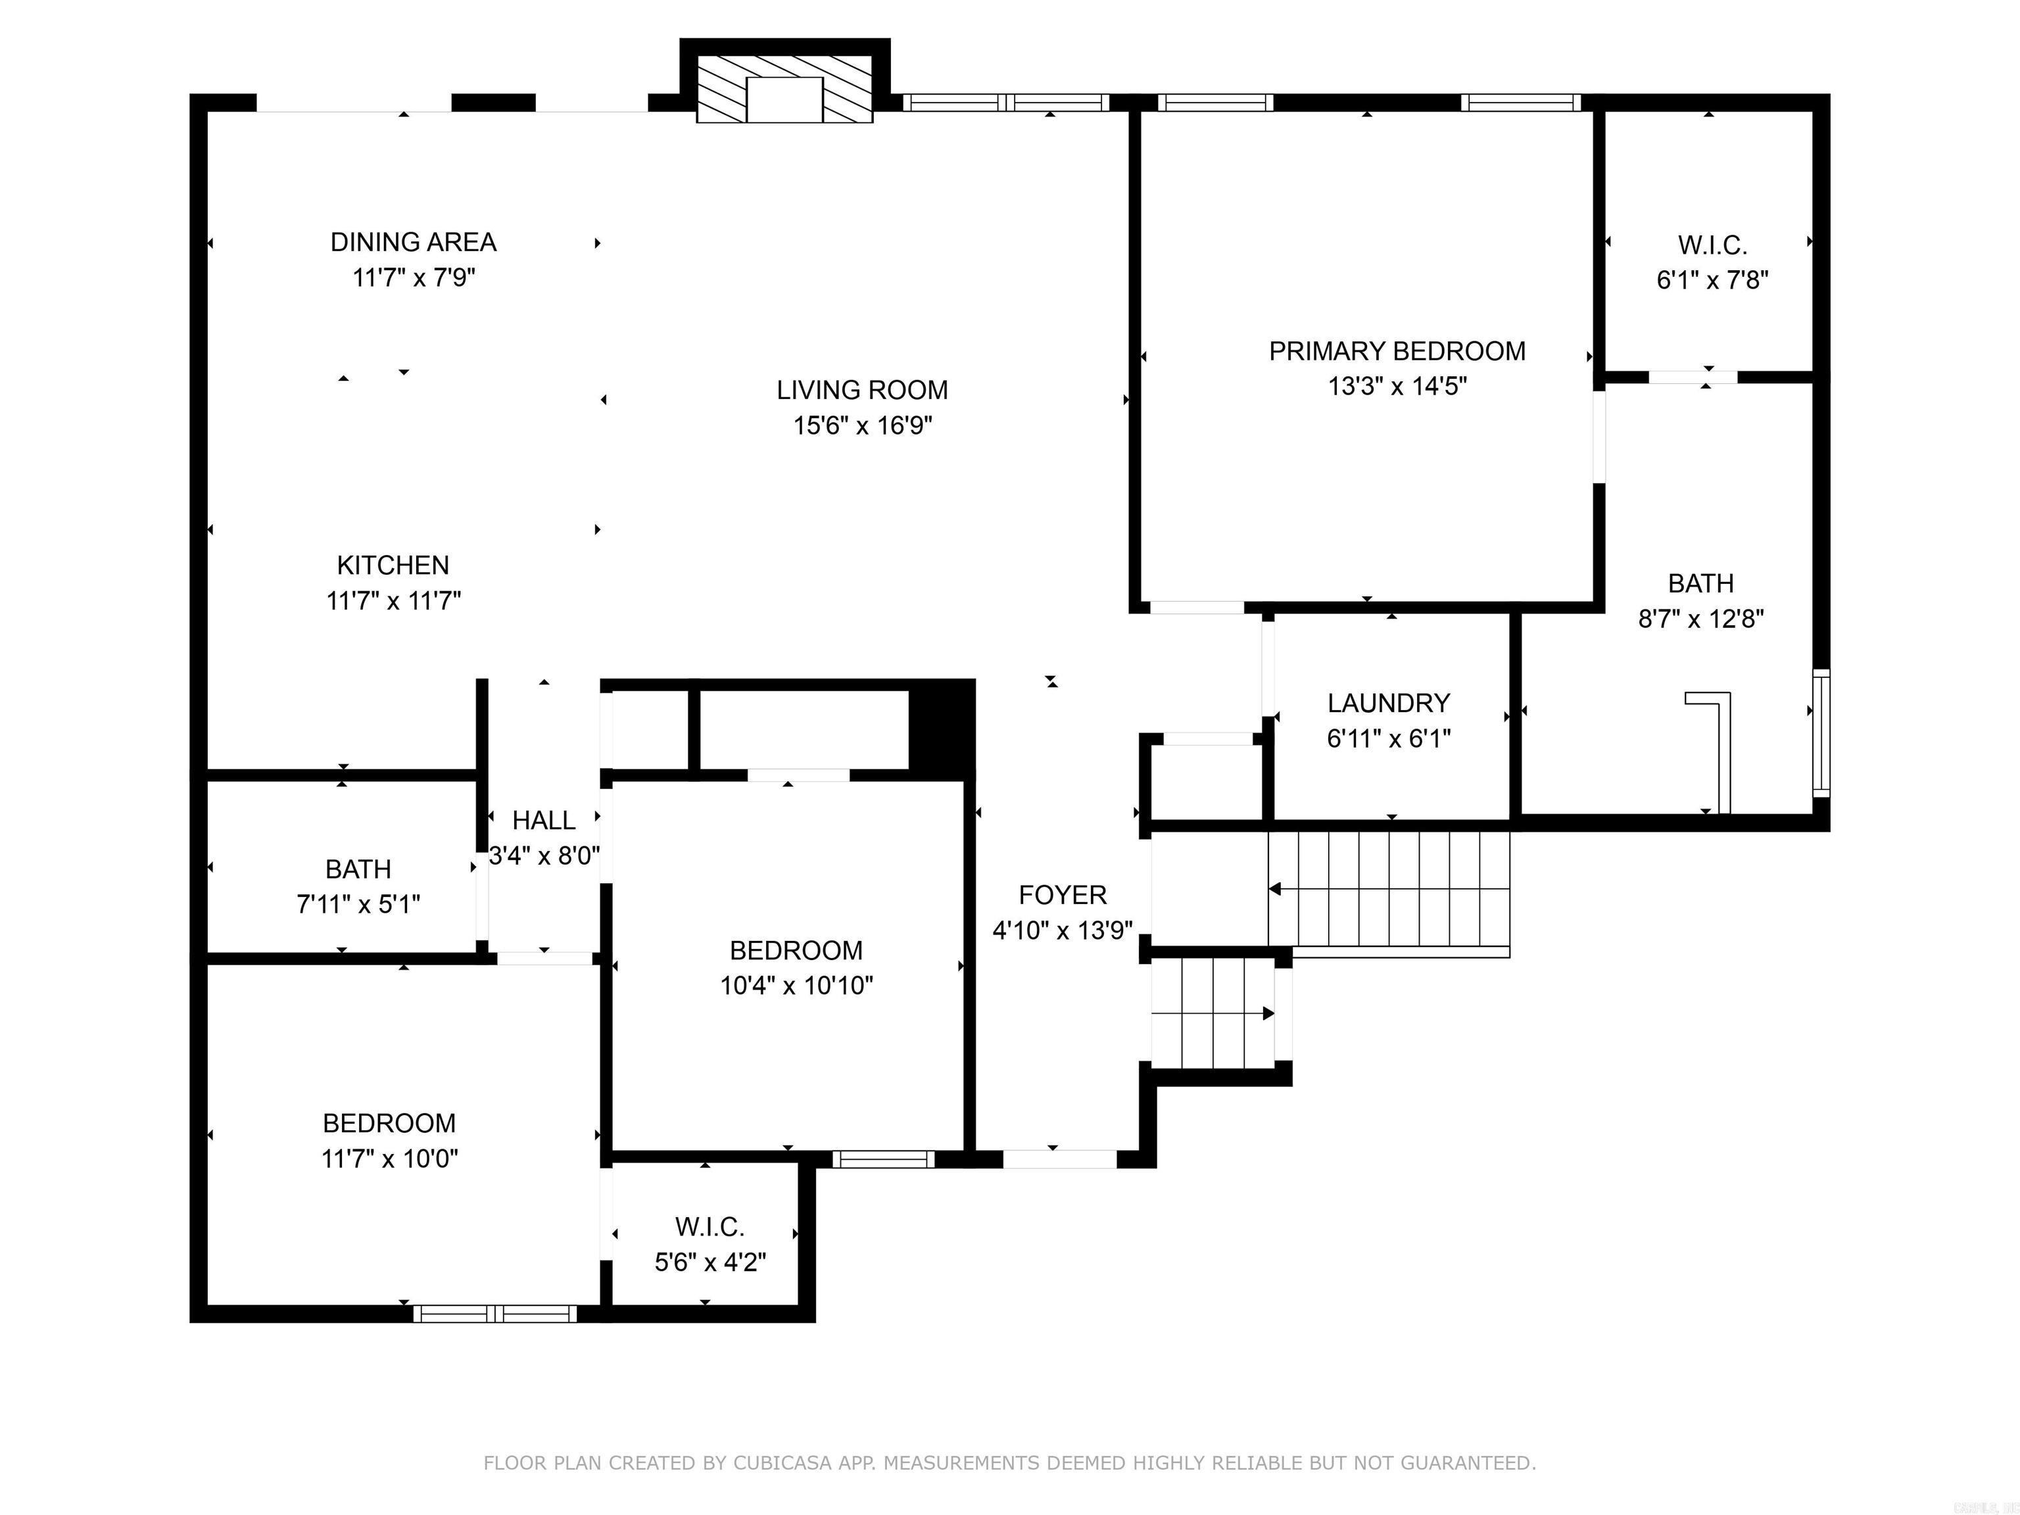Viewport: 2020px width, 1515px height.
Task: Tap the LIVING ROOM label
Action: coord(862,390)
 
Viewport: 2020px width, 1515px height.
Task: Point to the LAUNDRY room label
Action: coord(1388,703)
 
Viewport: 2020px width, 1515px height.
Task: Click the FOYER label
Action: coord(1062,895)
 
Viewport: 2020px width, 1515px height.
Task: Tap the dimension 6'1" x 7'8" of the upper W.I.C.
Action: coord(1712,280)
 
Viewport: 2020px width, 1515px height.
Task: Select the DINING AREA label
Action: coord(413,242)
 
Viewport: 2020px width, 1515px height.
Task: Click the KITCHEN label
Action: coord(393,565)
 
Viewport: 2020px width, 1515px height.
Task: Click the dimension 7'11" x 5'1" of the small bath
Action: coord(358,905)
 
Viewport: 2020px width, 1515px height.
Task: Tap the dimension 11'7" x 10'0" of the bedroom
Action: coord(389,1159)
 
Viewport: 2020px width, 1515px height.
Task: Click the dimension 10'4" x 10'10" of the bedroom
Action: coord(796,986)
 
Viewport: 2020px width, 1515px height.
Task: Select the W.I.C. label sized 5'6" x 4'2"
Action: coord(709,1226)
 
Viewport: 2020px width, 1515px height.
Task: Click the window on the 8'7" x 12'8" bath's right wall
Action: coord(1820,733)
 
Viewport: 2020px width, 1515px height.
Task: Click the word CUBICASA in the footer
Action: coord(782,1463)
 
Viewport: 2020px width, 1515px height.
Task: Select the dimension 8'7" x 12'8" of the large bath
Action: coord(1700,619)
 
